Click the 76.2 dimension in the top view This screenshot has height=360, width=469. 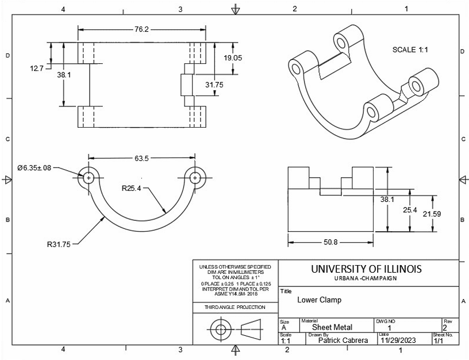click(142, 28)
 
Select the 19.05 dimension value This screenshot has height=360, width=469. click(233, 58)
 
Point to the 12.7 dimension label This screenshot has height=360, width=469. click(37, 68)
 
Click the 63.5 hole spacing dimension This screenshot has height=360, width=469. click(142, 158)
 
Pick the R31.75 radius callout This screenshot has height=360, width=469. click(59, 244)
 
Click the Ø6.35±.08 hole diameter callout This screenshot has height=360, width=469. click(34, 168)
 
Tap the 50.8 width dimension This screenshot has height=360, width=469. click(330, 242)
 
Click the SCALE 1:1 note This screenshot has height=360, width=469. click(410, 50)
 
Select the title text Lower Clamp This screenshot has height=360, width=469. click(319, 300)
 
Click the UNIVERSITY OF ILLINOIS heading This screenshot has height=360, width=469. click(366, 269)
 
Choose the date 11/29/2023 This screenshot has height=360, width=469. click(397, 340)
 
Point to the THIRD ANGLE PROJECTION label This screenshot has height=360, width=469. click(236, 308)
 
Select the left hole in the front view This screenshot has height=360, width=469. click(89, 178)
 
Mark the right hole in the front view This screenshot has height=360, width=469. click(195, 178)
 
